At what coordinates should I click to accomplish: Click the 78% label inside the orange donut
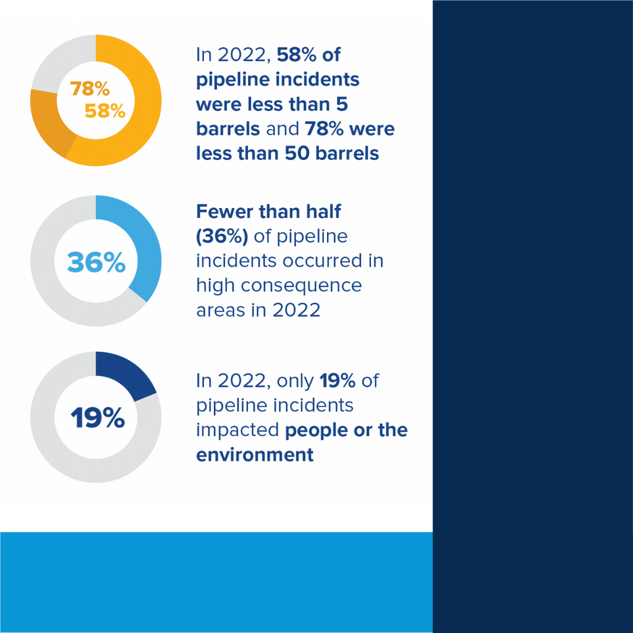[90, 89]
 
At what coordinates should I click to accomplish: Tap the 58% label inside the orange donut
[105, 111]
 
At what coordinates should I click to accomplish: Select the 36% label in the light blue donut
[96, 263]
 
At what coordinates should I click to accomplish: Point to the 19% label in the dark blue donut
[97, 418]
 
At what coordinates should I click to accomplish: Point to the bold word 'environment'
[255, 455]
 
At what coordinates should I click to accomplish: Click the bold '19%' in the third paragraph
[338, 380]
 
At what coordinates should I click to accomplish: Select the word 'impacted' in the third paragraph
[237, 430]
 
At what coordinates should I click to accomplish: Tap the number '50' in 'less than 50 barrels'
[297, 153]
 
